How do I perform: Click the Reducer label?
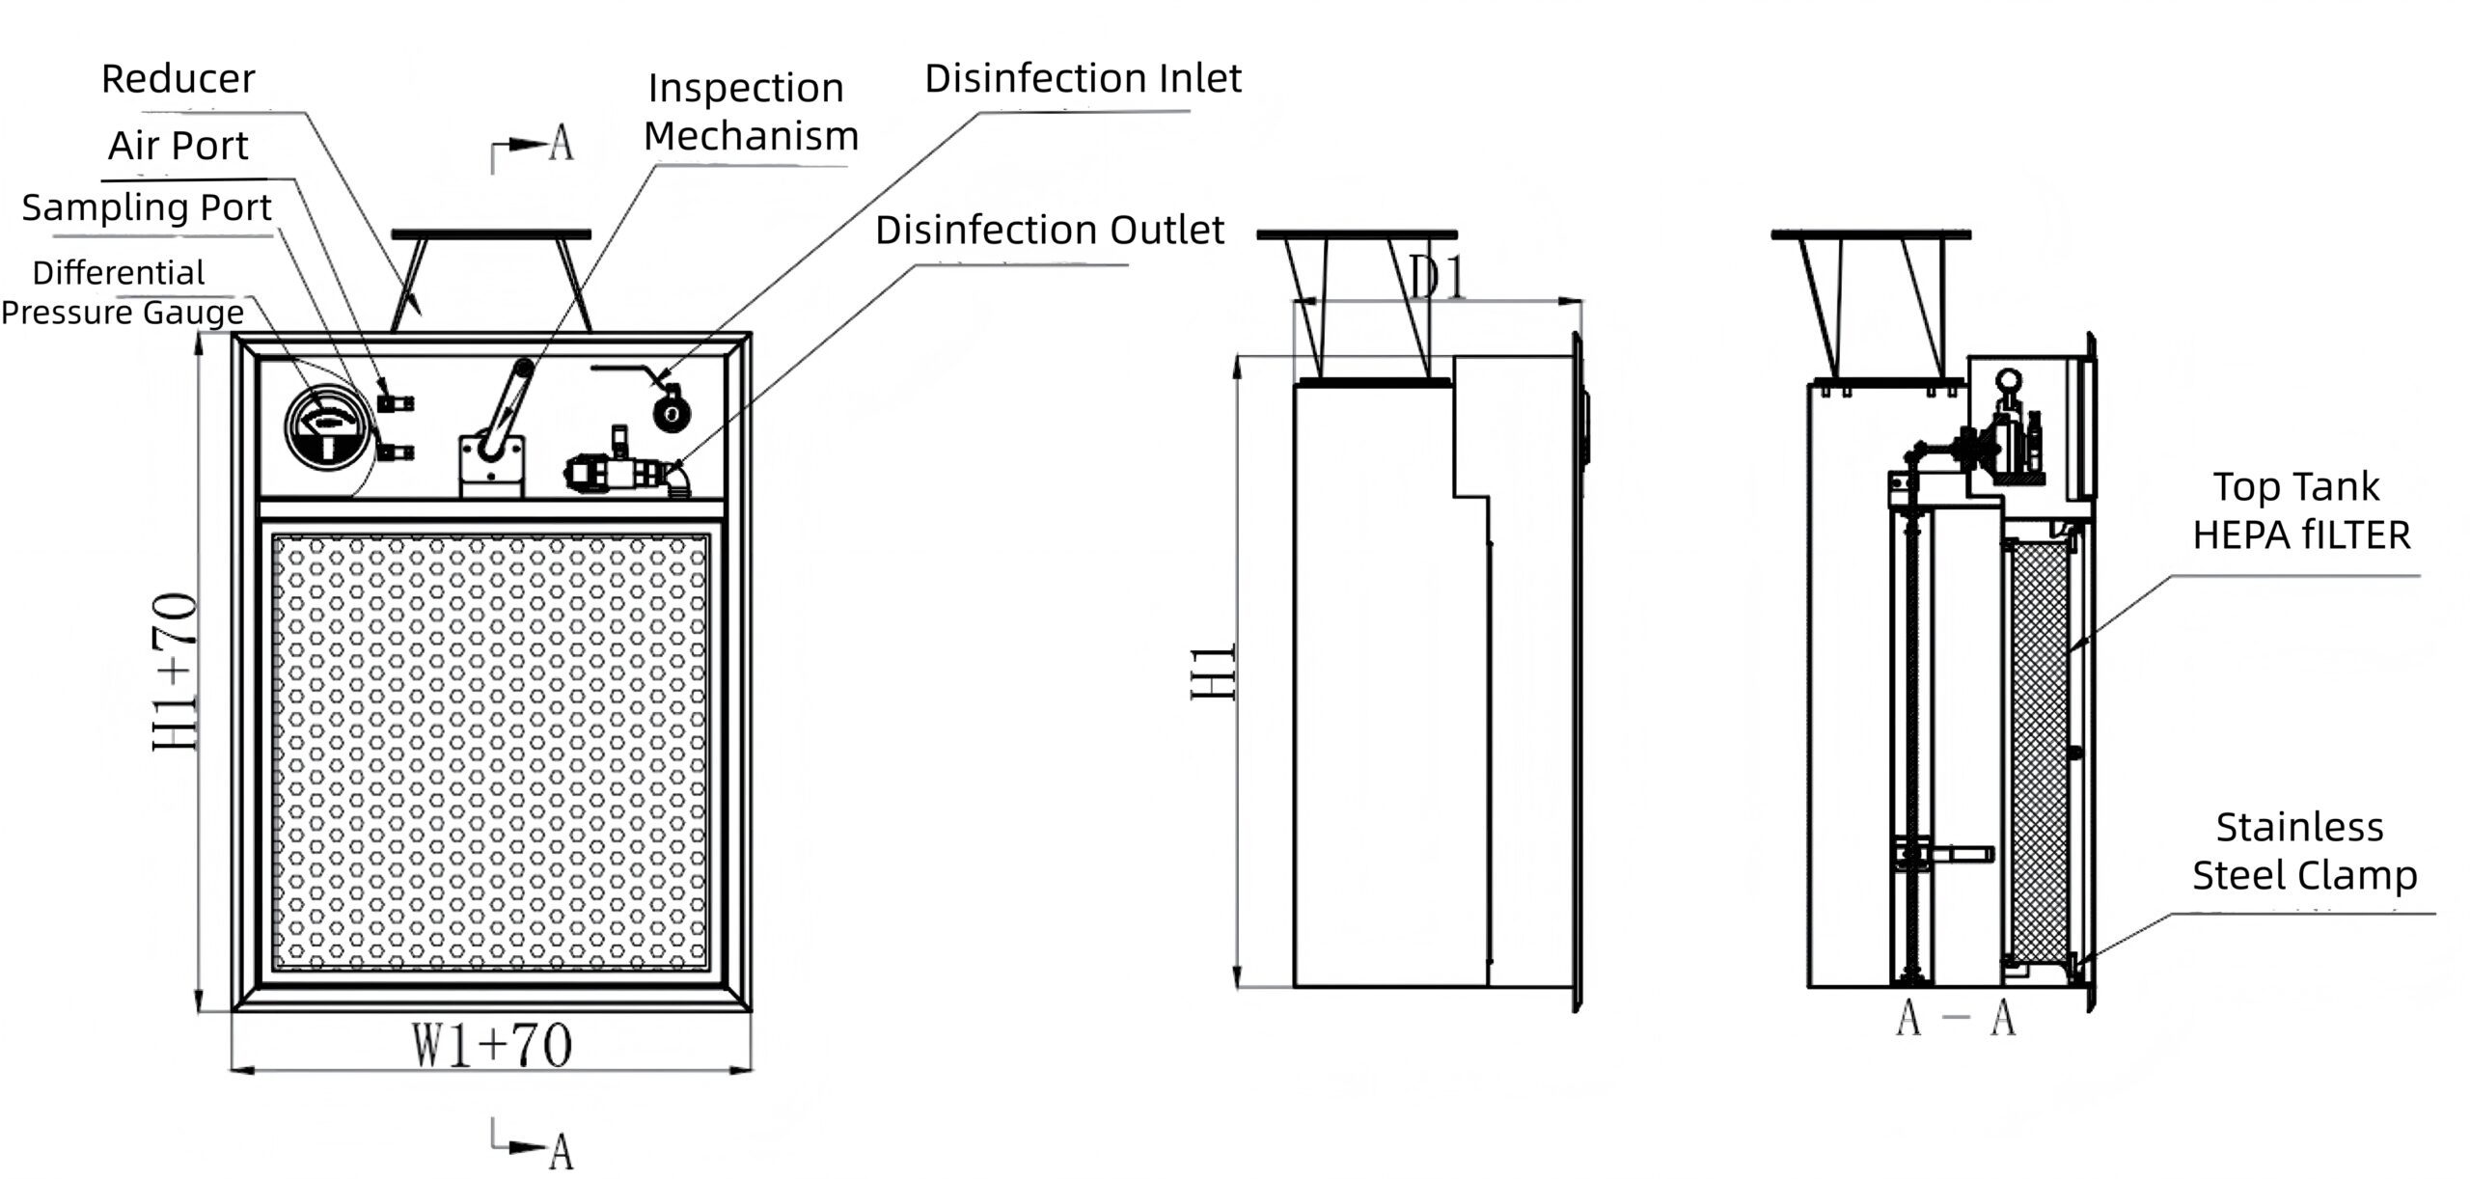click(x=178, y=79)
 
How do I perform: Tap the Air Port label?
click(x=178, y=146)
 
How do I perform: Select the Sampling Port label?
click(x=147, y=207)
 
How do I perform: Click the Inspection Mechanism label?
click(x=750, y=112)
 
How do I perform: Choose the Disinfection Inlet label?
click(x=1083, y=79)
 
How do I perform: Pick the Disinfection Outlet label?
click(x=1049, y=231)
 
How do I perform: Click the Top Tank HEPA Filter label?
click(x=2300, y=510)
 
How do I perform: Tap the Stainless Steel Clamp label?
click(x=2304, y=851)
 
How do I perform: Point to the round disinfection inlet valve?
click(x=672, y=413)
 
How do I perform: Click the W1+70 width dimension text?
click(x=492, y=1046)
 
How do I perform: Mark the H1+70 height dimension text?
click(x=176, y=672)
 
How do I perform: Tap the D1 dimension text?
click(x=1438, y=278)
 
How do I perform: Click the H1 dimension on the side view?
click(x=1214, y=672)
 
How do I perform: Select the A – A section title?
click(x=1955, y=1019)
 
